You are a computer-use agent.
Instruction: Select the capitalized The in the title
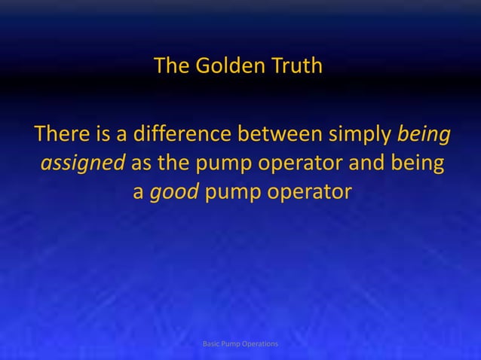pyautogui.click(x=171, y=67)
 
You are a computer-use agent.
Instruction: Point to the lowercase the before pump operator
pyautogui.click(x=173, y=164)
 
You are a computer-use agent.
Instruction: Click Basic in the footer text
pyautogui.click(x=214, y=343)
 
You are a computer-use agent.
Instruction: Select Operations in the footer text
pyautogui.click(x=259, y=343)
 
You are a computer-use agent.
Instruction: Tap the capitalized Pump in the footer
pyautogui.click(x=233, y=343)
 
